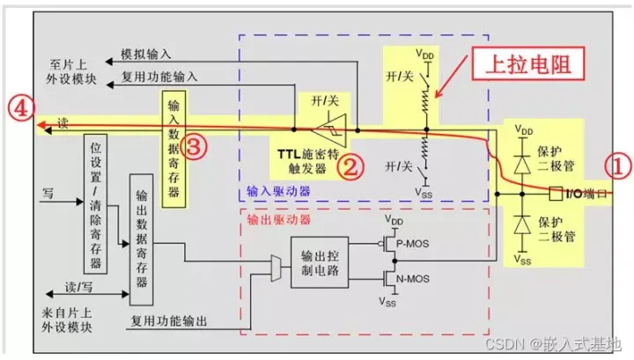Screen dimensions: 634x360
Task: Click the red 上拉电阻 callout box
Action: coord(528,64)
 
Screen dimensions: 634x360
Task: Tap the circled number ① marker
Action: coord(618,166)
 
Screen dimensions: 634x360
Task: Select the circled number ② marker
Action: coord(350,166)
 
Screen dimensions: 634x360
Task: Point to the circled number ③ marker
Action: coord(194,146)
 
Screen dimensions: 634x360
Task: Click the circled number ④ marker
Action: coord(20,108)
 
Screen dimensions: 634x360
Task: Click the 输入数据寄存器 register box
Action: coord(173,149)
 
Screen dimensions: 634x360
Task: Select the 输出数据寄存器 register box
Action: coord(141,239)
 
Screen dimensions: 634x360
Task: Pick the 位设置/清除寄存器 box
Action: coord(95,204)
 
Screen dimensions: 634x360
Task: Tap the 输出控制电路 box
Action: coord(320,262)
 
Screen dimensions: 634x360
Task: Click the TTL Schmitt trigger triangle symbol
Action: coord(331,130)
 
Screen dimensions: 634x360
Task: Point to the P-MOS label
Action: coord(412,244)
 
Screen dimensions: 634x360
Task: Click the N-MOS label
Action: coord(412,279)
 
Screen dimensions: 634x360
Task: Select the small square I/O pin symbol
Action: coord(556,194)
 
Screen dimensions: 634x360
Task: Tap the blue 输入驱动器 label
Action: coord(278,191)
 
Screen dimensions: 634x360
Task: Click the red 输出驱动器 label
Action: coord(278,219)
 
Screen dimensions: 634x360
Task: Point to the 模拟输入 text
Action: coord(146,55)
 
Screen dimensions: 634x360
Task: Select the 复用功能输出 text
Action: coord(168,321)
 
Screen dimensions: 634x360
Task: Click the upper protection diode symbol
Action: coord(522,164)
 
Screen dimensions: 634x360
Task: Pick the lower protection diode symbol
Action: coord(522,224)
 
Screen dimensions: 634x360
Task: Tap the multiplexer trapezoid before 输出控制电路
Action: coord(276,268)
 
